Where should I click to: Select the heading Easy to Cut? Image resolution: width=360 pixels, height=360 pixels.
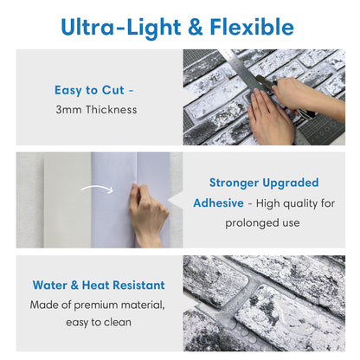pos(93,89)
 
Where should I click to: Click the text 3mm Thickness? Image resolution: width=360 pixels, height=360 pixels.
pos(97,110)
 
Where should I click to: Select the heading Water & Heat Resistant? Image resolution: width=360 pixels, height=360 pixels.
pos(98,285)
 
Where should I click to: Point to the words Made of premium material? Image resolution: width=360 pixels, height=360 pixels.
pos(98,305)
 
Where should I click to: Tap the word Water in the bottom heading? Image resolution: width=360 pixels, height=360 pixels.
pos(52,285)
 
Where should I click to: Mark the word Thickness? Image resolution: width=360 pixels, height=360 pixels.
pos(109,110)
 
